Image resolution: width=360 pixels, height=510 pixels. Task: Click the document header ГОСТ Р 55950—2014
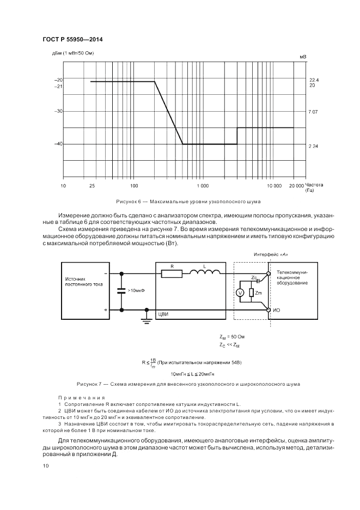click(x=72, y=39)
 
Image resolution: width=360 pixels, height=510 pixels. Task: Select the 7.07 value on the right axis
click(x=313, y=111)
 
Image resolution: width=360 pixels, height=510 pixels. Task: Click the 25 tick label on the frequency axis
click(x=91, y=186)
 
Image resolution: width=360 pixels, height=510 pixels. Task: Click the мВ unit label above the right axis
click(x=303, y=56)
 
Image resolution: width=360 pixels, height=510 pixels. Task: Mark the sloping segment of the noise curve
click(x=168, y=113)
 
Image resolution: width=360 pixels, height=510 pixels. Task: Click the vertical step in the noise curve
click(x=237, y=136)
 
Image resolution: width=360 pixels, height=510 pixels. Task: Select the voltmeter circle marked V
click(x=240, y=293)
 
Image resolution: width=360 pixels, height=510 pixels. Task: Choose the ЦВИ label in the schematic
click(x=163, y=314)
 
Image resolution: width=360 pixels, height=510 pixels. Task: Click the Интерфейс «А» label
click(x=270, y=254)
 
